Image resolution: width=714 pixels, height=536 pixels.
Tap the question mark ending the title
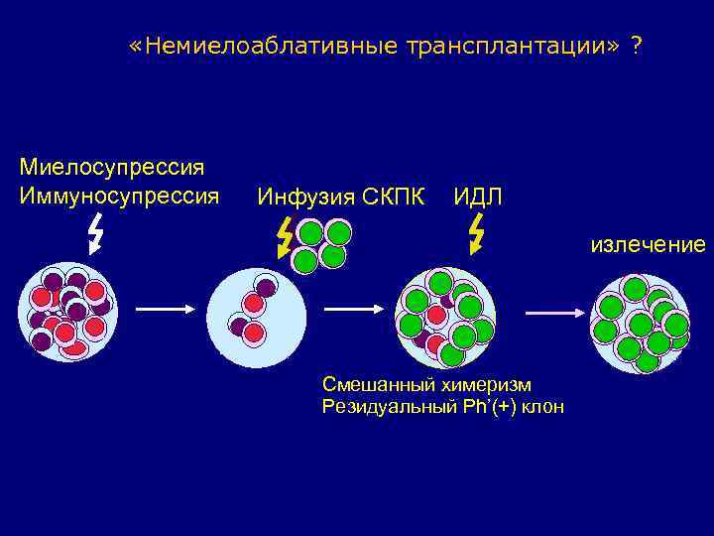click(635, 47)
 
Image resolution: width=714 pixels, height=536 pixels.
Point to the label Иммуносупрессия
click(119, 195)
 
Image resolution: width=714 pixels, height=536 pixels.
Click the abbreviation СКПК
click(397, 197)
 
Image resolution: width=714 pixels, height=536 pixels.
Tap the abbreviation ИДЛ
click(478, 197)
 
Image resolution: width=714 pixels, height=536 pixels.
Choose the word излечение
click(649, 245)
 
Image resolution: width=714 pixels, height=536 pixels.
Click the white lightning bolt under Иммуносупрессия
click(95, 232)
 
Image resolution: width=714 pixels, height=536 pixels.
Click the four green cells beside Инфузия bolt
click(322, 244)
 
